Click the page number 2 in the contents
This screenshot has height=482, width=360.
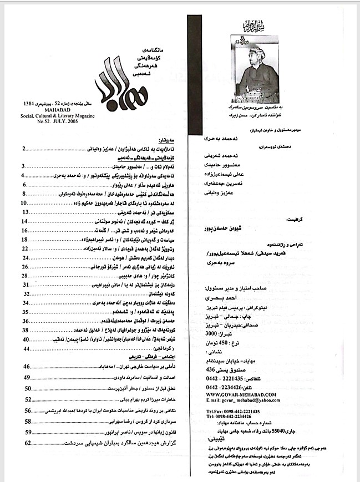pyautogui.click(x=24, y=149)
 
